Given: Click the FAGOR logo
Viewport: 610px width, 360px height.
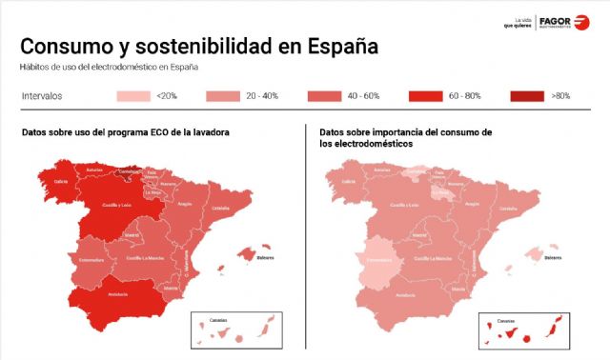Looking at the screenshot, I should pos(563,22).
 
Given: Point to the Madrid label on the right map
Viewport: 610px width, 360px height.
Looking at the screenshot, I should pos(418,234).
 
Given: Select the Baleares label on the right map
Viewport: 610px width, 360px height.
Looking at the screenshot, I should pos(552,257).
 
